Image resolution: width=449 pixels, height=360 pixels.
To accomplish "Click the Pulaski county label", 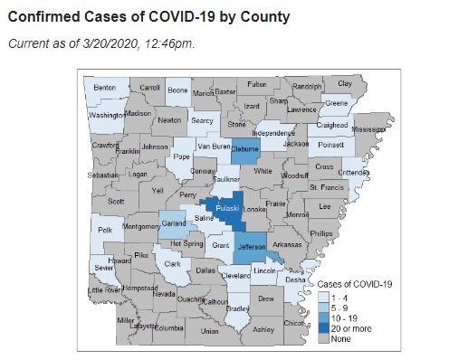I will tap(226, 209).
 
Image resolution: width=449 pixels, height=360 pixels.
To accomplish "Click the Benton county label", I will tap(105, 88).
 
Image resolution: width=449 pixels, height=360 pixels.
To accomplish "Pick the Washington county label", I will tap(106, 116).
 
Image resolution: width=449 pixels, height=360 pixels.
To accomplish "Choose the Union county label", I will tap(209, 332).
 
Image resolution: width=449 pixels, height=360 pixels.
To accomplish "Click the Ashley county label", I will tap(263, 330).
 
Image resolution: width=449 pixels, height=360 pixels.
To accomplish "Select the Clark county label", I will tap(172, 263).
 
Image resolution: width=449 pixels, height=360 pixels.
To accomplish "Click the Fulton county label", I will tap(257, 84).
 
